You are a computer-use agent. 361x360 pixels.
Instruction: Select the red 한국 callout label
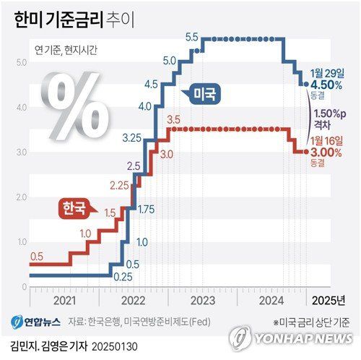pyautogui.click(x=72, y=209)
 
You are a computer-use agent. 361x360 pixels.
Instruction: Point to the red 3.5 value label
pyautogui.click(x=173, y=119)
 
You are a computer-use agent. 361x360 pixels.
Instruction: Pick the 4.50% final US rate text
pyautogui.click(x=326, y=84)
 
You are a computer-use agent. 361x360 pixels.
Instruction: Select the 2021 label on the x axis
pyautogui.click(x=64, y=300)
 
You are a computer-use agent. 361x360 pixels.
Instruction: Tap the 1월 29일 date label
pyautogui.click(x=326, y=72)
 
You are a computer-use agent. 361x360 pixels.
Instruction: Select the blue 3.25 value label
pyautogui.click(x=131, y=137)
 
